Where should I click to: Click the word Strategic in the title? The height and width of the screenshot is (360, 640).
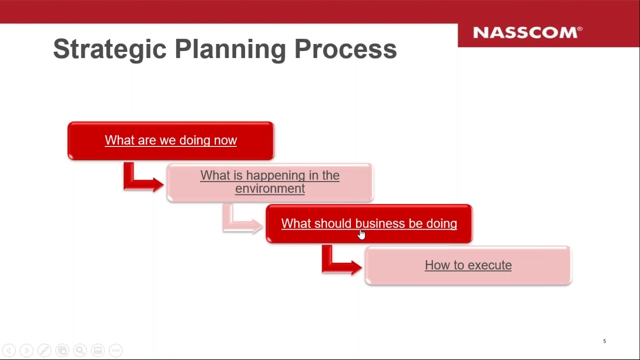pyautogui.click(x=109, y=49)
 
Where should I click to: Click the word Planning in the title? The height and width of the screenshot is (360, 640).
pyautogui.click(x=230, y=49)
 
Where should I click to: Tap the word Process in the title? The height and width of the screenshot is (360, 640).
pyautogui.click(x=345, y=49)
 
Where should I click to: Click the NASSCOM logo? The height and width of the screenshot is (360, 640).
pyautogui.click(x=527, y=32)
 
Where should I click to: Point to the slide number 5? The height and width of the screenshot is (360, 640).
pyautogui.click(x=604, y=341)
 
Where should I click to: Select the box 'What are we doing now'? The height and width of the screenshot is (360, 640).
pyautogui.click(x=171, y=140)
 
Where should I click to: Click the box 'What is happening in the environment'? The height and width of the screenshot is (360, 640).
pyautogui.click(x=269, y=182)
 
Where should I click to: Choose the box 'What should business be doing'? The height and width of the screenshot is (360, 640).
pyautogui.click(x=369, y=223)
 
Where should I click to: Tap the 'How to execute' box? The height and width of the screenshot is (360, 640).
pyautogui.click(x=468, y=265)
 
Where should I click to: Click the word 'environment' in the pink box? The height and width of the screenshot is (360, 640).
pyautogui.click(x=269, y=188)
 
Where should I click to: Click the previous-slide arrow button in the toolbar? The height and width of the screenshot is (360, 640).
pyautogui.click(x=9, y=350)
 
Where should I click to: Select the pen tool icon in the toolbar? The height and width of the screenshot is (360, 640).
pyautogui.click(x=44, y=350)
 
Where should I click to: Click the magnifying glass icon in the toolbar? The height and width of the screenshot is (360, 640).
pyautogui.click(x=80, y=350)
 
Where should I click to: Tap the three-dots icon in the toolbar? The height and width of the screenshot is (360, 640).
pyautogui.click(x=115, y=350)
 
